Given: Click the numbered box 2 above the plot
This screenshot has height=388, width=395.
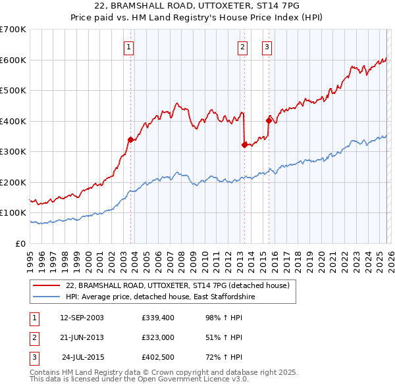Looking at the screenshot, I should (x=242, y=47).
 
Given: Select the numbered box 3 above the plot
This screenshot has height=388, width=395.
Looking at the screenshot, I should (x=267, y=47).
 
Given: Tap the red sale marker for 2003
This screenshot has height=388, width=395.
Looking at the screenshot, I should (x=130, y=139).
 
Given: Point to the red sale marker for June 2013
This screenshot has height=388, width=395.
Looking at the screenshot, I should (x=244, y=145).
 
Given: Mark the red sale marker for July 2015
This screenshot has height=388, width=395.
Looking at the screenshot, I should (x=269, y=120).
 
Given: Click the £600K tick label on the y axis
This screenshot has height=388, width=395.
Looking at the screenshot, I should (x=13, y=60).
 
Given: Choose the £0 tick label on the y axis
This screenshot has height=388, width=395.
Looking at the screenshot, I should (x=21, y=243).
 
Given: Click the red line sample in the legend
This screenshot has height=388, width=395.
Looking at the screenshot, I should (x=46, y=285).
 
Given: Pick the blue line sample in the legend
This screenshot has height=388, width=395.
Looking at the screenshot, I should (x=46, y=297).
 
